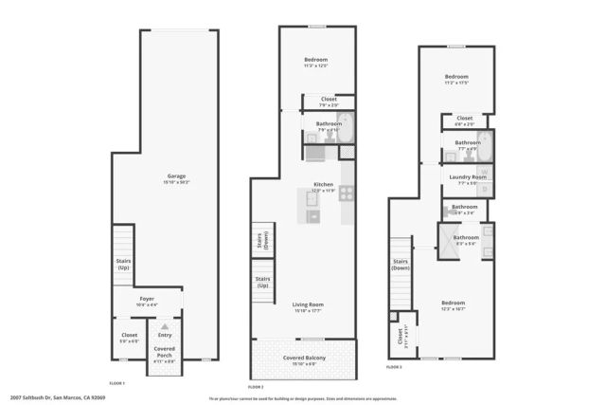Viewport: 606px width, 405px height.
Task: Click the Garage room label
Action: [x=176, y=177]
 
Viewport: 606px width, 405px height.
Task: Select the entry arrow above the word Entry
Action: [x=165, y=326]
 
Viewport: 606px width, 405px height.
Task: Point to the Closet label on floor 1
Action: [x=129, y=338]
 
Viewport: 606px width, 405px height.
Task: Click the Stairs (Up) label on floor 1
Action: [x=122, y=266]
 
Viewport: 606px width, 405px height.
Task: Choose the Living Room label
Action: [x=309, y=306]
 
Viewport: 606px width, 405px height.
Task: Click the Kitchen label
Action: [x=324, y=187]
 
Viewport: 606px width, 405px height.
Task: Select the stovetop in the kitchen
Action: [x=347, y=193]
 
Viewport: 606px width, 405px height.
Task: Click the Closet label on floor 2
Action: [x=329, y=101]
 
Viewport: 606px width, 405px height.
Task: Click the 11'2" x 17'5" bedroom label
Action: [x=456, y=81]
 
